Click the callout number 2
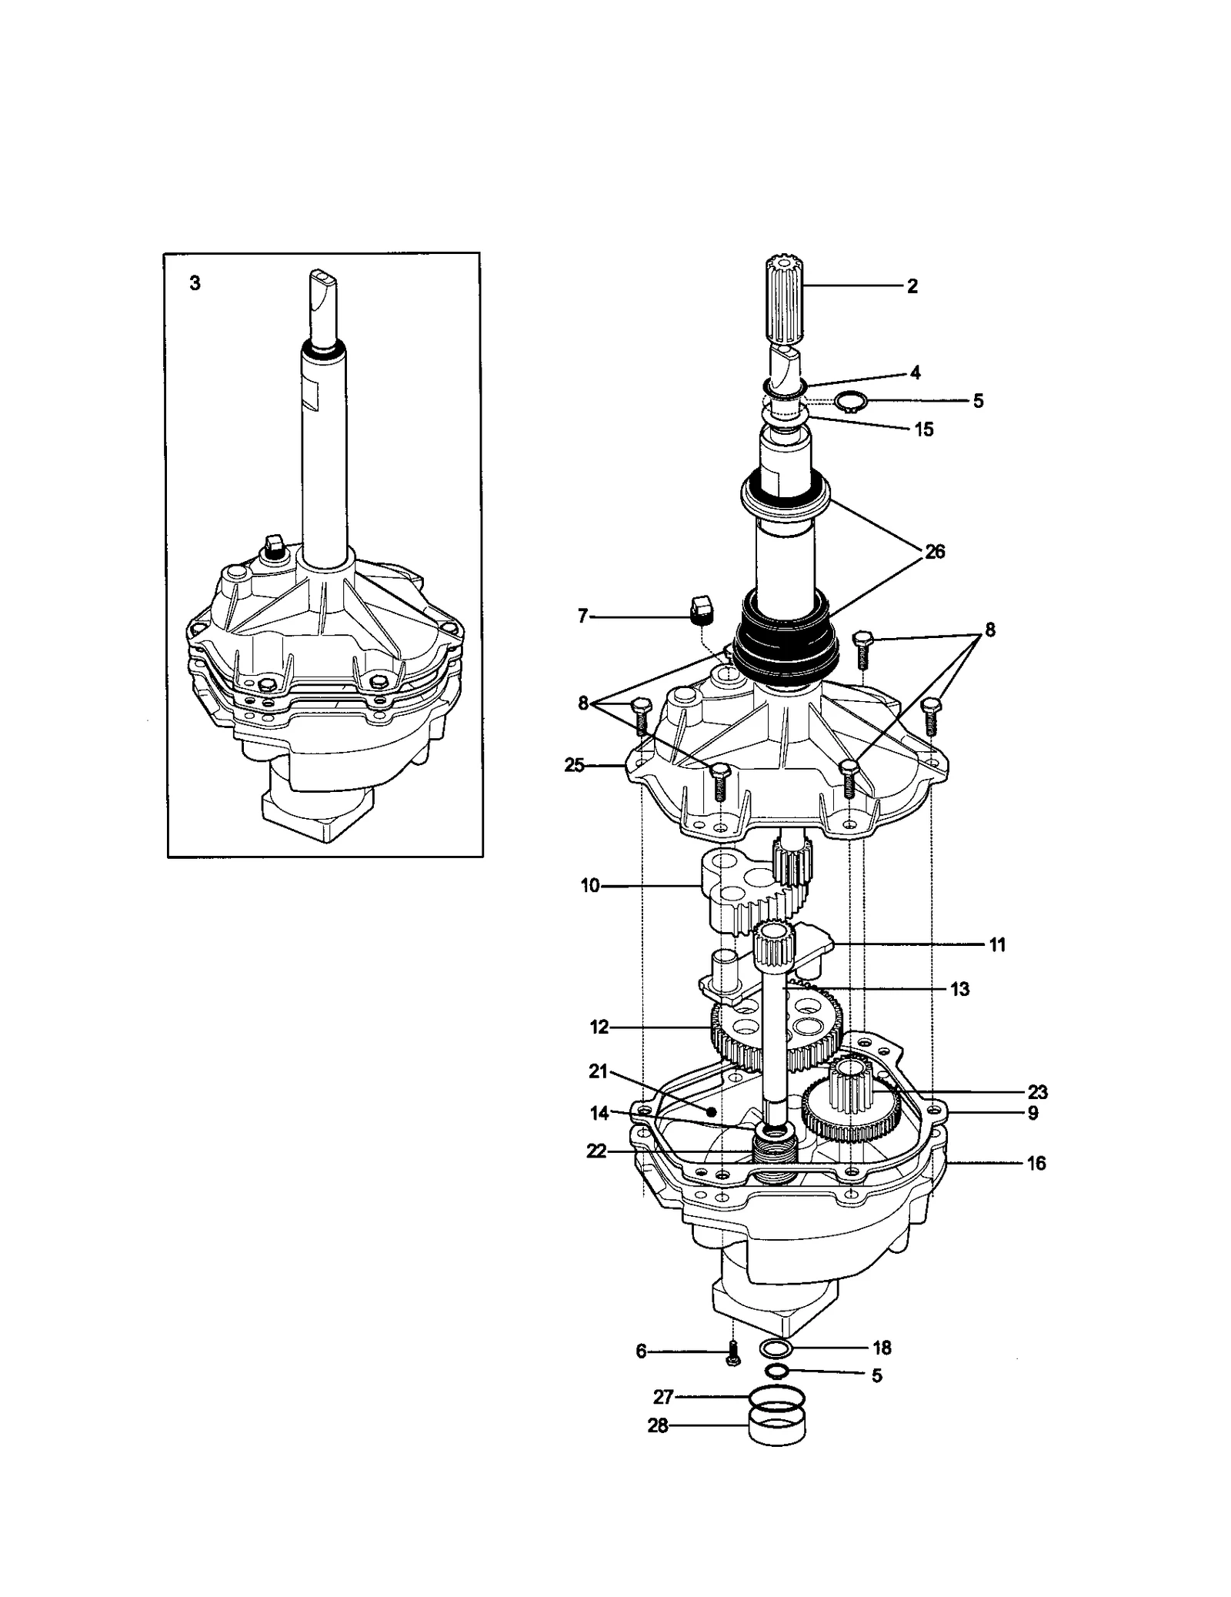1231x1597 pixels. (x=912, y=286)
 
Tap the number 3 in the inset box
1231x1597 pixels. (x=195, y=284)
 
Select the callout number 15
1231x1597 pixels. (x=923, y=429)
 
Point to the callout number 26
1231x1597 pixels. (x=935, y=552)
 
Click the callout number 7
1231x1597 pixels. (x=583, y=616)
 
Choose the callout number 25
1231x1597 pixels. (x=575, y=766)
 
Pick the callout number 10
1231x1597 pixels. (x=590, y=886)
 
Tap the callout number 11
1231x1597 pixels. (x=996, y=944)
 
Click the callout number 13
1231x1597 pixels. (x=959, y=989)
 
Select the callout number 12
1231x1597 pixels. (x=599, y=1027)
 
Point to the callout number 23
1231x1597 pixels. (x=1037, y=1092)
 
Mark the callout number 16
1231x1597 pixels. (x=1036, y=1163)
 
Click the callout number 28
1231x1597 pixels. (x=658, y=1426)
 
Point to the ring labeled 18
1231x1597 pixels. (x=776, y=1348)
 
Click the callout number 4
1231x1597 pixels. (x=915, y=373)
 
